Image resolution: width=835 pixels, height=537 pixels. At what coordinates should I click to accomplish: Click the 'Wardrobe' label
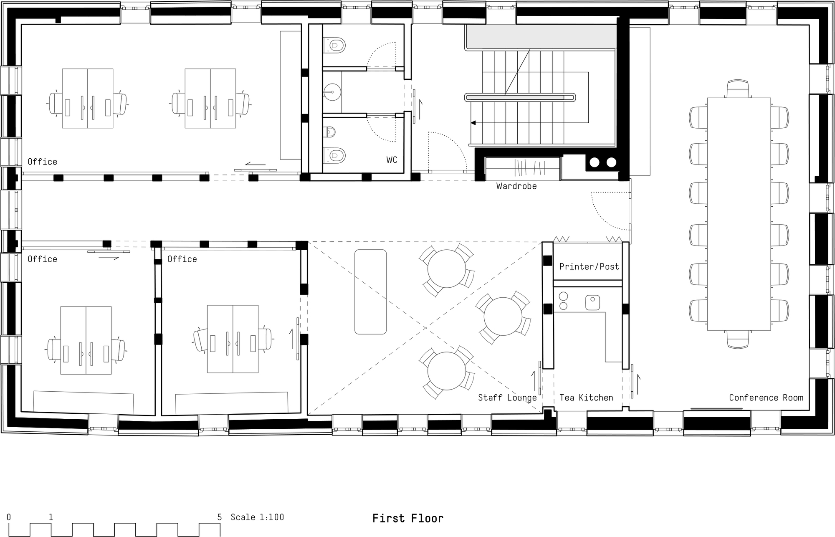[x=516, y=186]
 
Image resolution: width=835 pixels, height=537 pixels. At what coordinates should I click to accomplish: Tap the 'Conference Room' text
[x=766, y=398]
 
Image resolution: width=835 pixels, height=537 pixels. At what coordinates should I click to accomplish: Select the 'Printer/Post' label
[x=589, y=266]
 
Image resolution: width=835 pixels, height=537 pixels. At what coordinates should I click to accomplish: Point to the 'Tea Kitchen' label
[x=586, y=398]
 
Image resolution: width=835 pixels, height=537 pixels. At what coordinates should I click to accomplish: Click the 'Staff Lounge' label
[x=507, y=398]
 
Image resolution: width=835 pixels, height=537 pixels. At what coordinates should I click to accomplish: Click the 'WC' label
[x=392, y=160]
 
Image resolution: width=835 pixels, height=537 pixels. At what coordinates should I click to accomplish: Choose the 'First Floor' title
[x=407, y=518]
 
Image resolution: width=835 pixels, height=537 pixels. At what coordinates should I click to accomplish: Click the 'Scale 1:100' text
[x=257, y=517]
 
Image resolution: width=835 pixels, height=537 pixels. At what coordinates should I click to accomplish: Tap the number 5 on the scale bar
[x=220, y=517]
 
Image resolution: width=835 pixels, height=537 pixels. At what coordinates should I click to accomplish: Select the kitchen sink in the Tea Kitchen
[x=592, y=302]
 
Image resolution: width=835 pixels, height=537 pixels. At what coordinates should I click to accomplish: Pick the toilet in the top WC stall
[x=336, y=45]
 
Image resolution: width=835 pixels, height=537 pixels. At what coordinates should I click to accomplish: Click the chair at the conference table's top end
[x=738, y=89]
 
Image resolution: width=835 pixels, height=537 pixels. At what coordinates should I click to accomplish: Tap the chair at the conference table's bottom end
[x=738, y=339]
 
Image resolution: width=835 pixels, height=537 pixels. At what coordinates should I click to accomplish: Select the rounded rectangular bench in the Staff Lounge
[x=370, y=292]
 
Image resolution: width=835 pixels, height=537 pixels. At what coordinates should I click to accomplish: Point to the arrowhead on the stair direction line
[x=473, y=123]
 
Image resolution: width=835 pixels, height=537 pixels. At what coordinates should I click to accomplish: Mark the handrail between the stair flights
[x=520, y=97]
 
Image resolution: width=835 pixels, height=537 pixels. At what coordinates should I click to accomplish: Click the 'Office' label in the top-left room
[x=42, y=162]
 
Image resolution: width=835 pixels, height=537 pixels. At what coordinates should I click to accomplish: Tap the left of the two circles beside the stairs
[x=595, y=162]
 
